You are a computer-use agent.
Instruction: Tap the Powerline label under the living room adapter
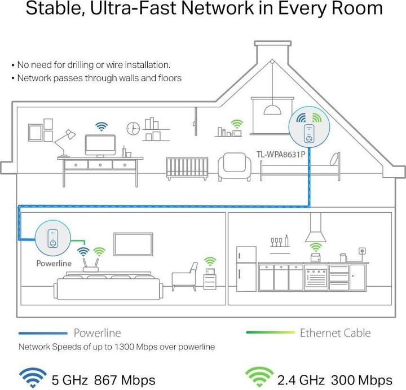(54, 262)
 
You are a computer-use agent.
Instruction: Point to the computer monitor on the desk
(101, 145)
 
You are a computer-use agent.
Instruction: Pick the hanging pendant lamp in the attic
(273, 108)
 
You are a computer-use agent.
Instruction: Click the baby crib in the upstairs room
(183, 165)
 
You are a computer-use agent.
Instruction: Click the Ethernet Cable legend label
(335, 332)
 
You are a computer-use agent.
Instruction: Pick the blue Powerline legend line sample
(42, 333)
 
